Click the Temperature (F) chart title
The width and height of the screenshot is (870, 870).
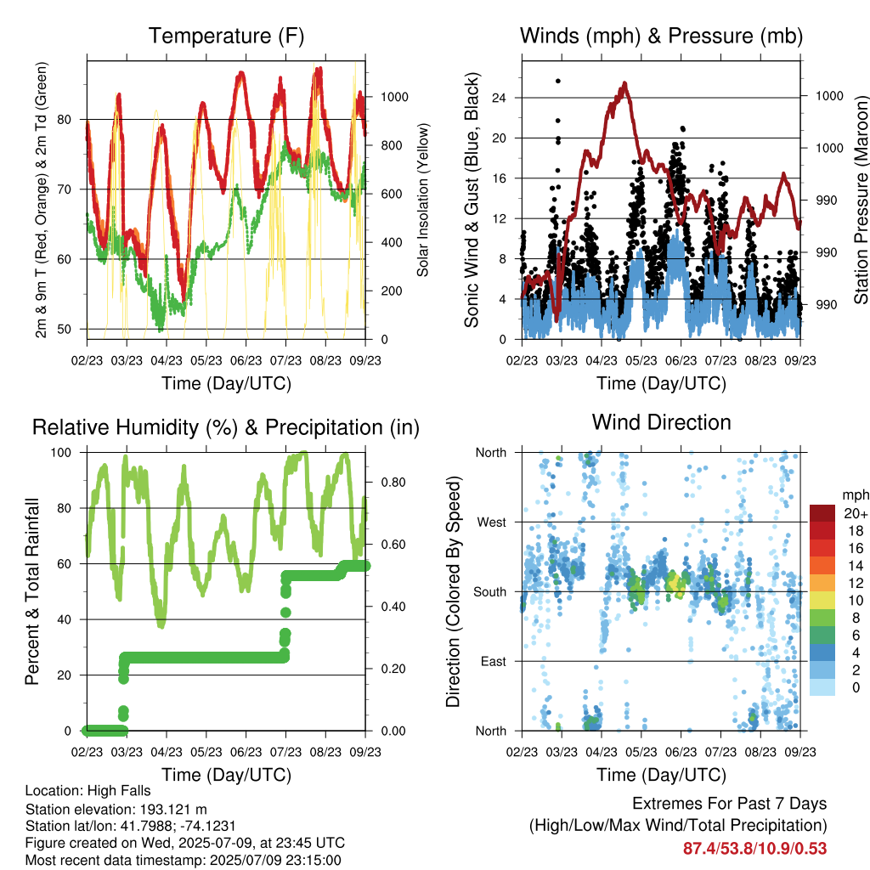tap(226, 36)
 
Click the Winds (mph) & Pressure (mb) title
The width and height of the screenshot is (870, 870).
tap(661, 36)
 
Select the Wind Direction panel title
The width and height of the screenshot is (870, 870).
tap(661, 422)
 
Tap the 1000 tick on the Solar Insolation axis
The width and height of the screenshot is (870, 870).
tap(394, 97)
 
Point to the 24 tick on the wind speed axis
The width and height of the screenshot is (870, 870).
tap(499, 99)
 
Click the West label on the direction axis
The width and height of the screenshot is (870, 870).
tap(492, 523)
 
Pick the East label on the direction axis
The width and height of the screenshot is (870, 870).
tap(494, 661)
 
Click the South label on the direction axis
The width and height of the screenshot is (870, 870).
tap(490, 592)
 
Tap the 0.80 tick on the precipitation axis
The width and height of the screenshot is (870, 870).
tap(393, 483)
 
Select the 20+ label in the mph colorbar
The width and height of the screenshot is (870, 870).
tap(855, 513)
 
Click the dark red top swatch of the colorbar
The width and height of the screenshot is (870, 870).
tap(822, 513)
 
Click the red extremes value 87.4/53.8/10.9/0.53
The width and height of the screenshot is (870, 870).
tap(754, 849)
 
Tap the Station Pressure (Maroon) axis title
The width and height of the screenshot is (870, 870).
tap(861, 200)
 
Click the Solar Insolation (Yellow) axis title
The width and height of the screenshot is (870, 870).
tap(423, 200)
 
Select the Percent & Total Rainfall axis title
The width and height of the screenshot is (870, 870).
tap(32, 591)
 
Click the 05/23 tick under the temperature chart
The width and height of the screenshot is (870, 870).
tap(206, 360)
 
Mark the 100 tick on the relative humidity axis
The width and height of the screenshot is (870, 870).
tap(61, 453)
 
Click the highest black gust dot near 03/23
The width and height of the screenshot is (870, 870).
tap(558, 81)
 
